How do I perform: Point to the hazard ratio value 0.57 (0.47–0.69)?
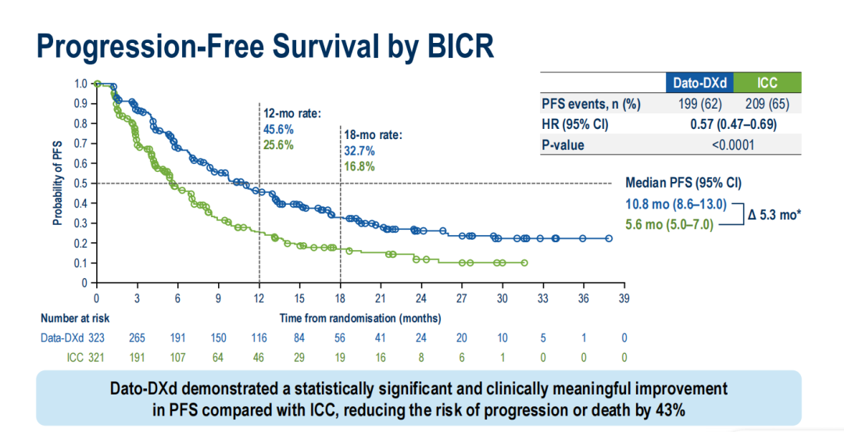click(x=732, y=124)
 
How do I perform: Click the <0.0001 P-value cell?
click(x=732, y=145)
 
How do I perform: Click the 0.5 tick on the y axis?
click(x=80, y=184)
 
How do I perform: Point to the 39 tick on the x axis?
click(x=623, y=298)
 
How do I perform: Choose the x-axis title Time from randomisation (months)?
click(x=360, y=318)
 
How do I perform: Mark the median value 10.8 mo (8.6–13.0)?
click(x=677, y=205)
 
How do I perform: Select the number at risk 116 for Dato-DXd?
click(x=259, y=337)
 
